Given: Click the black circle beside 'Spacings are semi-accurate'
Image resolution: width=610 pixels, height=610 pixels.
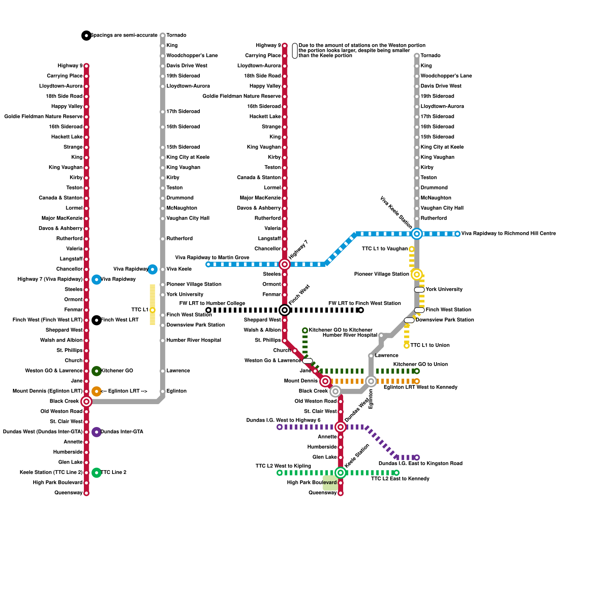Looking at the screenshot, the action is click(87, 35).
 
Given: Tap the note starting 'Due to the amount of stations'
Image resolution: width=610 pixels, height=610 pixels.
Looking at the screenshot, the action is click(361, 50).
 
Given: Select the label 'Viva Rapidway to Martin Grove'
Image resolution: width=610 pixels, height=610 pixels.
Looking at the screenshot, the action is click(212, 257).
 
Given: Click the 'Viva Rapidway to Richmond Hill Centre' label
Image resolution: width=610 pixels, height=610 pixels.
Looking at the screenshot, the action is click(508, 233).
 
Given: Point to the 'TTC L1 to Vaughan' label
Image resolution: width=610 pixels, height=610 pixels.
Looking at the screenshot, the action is click(384, 249).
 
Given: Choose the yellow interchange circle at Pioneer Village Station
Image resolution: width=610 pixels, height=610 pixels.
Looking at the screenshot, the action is click(417, 274).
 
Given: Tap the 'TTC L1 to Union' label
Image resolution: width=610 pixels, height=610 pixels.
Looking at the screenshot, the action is click(430, 345).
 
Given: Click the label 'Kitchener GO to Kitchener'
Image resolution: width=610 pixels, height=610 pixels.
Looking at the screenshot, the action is click(340, 330).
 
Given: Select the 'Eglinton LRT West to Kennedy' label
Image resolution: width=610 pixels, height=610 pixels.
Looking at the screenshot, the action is click(420, 387).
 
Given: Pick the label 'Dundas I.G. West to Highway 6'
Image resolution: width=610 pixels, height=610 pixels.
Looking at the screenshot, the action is click(283, 420).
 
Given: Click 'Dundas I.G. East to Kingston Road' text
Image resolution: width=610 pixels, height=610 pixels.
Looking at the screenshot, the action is click(420, 463).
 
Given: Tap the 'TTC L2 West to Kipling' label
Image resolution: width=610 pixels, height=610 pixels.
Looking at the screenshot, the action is click(283, 466).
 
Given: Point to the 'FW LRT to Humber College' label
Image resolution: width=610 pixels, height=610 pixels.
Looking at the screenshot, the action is click(212, 303).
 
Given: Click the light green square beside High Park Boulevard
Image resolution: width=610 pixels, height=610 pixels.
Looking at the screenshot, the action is click(330, 483).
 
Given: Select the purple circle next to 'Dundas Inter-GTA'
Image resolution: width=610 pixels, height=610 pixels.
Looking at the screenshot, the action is click(96, 432).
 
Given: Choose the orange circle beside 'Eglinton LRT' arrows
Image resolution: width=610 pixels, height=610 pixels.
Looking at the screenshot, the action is click(96, 391).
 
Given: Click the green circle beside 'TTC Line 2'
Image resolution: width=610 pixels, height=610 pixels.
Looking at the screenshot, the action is click(96, 473).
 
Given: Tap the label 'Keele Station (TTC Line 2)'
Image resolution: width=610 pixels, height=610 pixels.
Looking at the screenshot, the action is click(51, 472).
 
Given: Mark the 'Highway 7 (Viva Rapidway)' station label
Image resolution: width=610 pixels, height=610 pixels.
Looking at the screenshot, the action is click(50, 279).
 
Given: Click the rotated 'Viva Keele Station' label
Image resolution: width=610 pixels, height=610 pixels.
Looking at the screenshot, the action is click(396, 212).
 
